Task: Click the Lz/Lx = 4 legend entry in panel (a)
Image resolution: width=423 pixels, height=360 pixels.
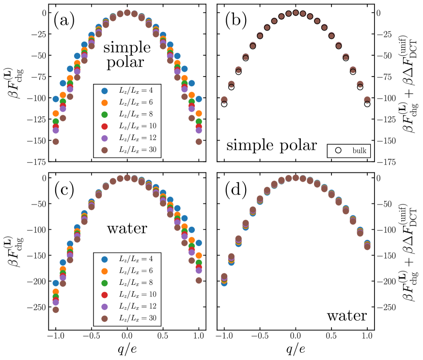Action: [128, 91]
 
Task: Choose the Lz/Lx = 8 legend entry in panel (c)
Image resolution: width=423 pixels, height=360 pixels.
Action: [128, 282]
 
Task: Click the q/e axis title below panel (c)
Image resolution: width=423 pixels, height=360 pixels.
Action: [127, 350]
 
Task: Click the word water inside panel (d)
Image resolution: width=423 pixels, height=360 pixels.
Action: [346, 316]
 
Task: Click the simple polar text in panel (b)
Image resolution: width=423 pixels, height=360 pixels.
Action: [271, 145]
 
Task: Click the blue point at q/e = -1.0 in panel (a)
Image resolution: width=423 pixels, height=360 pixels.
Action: [56, 99]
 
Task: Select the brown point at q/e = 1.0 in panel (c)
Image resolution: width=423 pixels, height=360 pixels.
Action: [198, 280]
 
